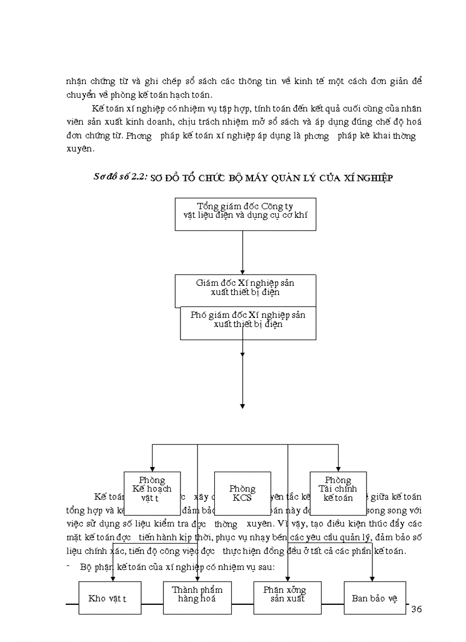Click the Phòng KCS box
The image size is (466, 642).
coord(242,493)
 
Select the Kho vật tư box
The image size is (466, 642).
coord(107,598)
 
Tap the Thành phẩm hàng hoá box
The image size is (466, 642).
coord(197,597)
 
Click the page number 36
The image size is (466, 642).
coord(416,609)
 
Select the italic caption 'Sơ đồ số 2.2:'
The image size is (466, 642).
coord(120,177)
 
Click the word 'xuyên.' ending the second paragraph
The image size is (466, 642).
coord(79,149)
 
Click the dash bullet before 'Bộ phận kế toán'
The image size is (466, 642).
coord(68,567)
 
